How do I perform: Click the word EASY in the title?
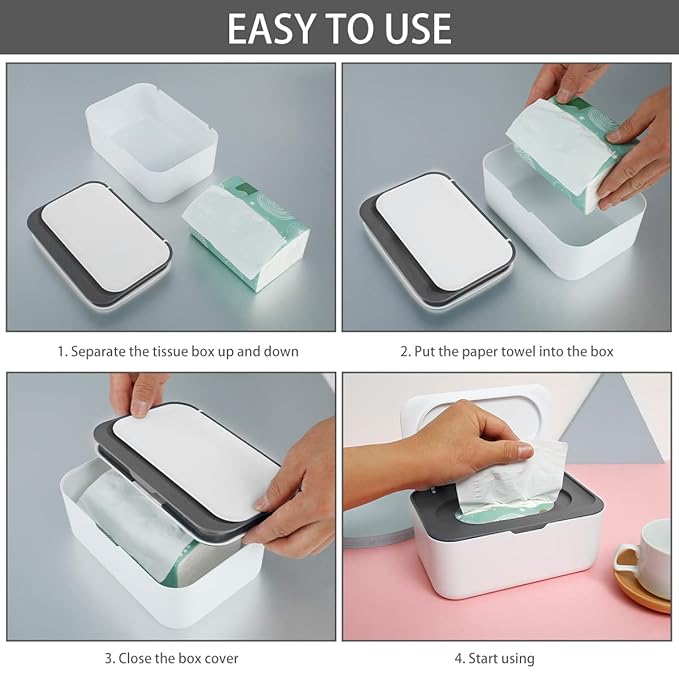[x=273, y=29]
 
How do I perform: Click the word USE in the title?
[x=411, y=29]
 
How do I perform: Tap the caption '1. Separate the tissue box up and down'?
[x=177, y=351]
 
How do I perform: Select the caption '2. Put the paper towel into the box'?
[x=507, y=351]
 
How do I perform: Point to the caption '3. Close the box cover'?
[x=172, y=658]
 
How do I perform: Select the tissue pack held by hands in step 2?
[x=565, y=150]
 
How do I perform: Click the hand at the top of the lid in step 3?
[x=138, y=390]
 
